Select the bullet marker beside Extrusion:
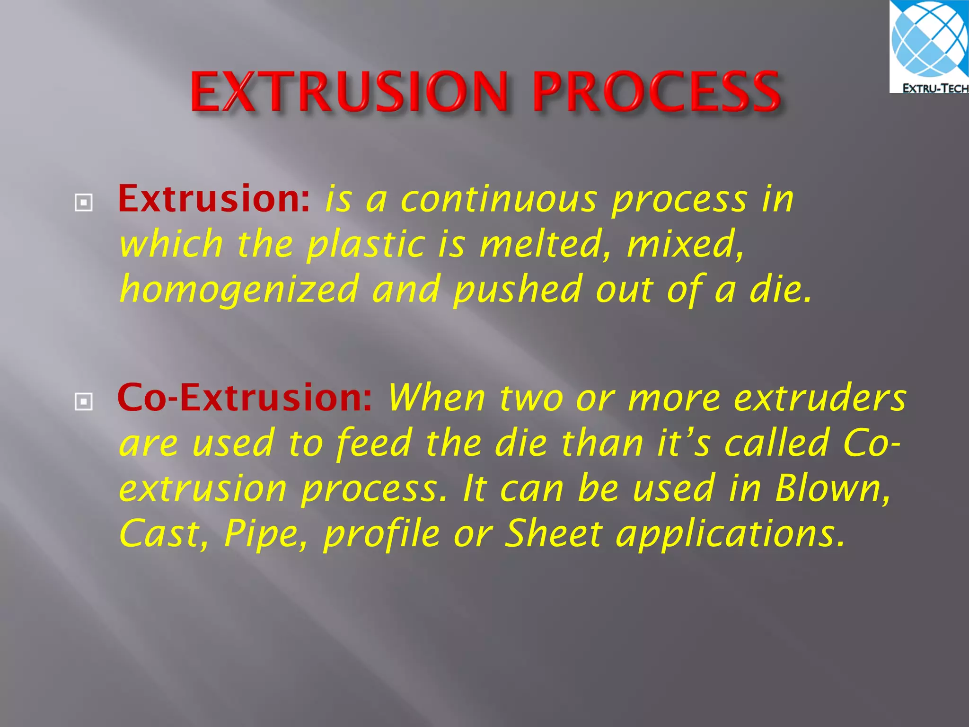pyautogui.click(x=84, y=203)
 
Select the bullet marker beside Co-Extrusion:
pyautogui.click(x=84, y=402)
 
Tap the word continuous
pyautogui.click(x=499, y=200)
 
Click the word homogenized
pyautogui.click(x=239, y=290)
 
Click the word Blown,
pyautogui.click(x=832, y=488)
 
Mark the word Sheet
pyautogui.click(x=553, y=533)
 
